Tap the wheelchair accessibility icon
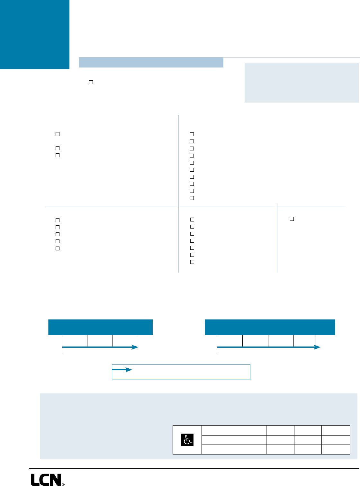pos(187,440)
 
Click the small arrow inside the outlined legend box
pos(122,370)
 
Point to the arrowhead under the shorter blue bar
pos(135,347)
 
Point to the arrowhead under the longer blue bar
pos(317,347)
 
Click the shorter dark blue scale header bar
pos(100,327)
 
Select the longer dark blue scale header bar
pos(270,327)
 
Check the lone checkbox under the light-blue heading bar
pos(91,82)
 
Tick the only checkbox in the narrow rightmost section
pos(292,219)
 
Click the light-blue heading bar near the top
pos(151,62)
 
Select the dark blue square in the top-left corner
pos(35,34)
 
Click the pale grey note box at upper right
pos(301,83)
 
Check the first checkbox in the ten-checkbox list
pos(192,134)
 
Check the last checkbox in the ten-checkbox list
pos(192,198)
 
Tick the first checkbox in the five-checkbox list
pos(58,220)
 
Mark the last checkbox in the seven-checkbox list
pos(192,262)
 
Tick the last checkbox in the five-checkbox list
pos(58,248)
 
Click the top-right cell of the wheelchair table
pos(336,430)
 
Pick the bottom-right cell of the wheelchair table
pos(336,449)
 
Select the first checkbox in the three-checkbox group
pos(58,134)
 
